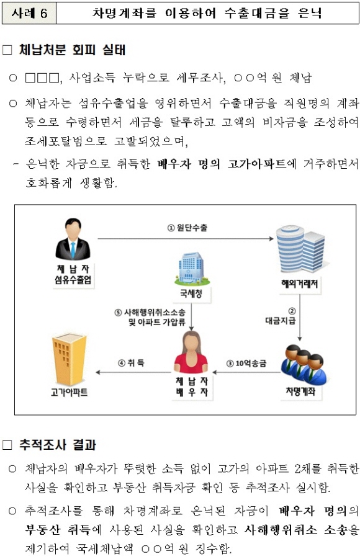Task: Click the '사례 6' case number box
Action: pyautogui.click(x=29, y=13)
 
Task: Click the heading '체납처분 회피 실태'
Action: pyautogui.click(x=72, y=50)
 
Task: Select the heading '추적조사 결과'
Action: pyautogui.click(x=58, y=445)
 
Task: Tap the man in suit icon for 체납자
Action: pyautogui.click(x=73, y=239)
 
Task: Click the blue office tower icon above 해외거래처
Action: pyautogui.click(x=300, y=249)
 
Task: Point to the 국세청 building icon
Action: pyautogui.click(x=192, y=269)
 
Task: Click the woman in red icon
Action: pyautogui.click(x=192, y=352)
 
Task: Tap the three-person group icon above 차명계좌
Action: pyautogui.click(x=304, y=364)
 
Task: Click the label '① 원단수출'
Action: pyautogui.click(x=187, y=228)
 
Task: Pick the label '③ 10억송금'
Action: pyautogui.click(x=246, y=364)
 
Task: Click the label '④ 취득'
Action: pyautogui.click(x=131, y=363)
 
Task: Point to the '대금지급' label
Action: pyautogui.click(x=281, y=321)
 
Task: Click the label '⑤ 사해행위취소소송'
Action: pyautogui.click(x=150, y=313)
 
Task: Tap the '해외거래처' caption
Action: pyautogui.click(x=299, y=284)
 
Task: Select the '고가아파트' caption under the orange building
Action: pyautogui.click(x=70, y=393)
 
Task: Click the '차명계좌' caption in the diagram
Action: pyautogui.click(x=301, y=391)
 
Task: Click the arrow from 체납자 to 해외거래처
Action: pyautogui.click(x=186, y=239)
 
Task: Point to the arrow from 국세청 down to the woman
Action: pyautogui.click(x=192, y=316)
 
